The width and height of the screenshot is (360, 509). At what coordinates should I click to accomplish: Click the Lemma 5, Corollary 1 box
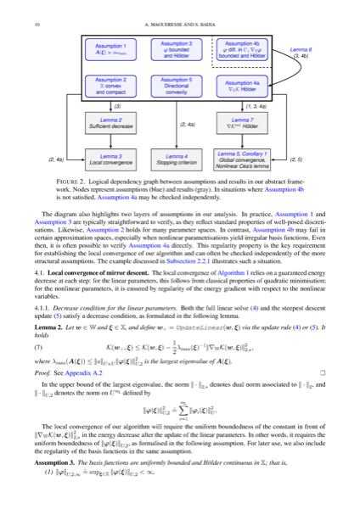coord(240,158)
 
